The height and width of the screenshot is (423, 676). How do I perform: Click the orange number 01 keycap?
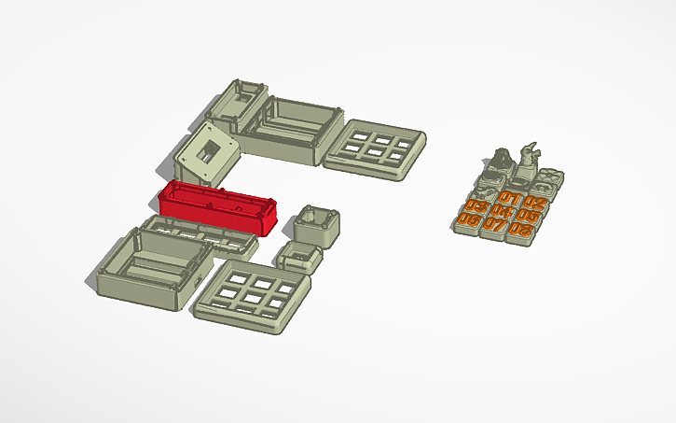[509, 198]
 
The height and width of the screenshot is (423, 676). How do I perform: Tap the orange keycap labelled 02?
[533, 202]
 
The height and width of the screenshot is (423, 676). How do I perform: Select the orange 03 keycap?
[476, 205]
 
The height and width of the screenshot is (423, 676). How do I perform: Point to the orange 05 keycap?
[528, 216]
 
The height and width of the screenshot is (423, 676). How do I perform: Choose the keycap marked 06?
[469, 220]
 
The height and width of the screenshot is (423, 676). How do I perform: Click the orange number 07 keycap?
[495, 225]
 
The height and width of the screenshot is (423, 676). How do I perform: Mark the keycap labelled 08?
[522, 229]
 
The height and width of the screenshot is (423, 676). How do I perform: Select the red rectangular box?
[220, 206]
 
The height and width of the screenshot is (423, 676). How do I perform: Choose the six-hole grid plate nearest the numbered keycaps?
[375, 147]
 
